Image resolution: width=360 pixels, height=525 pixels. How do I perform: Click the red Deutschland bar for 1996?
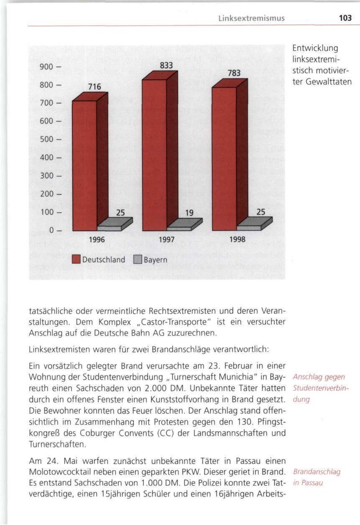click(84, 164)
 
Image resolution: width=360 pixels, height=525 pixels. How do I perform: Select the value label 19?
click(190, 214)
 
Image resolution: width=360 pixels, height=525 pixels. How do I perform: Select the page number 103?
click(344, 18)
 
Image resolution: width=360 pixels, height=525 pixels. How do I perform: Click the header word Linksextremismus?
click(251, 18)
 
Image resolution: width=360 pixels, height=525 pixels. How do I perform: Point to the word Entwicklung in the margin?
click(316, 48)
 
